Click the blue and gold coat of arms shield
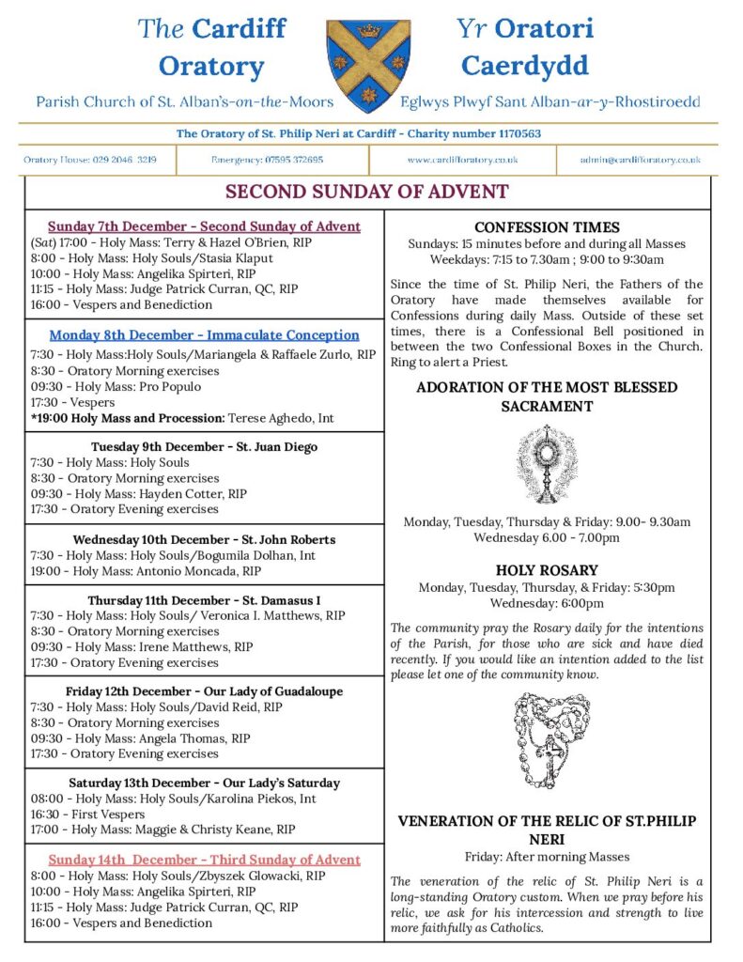pyautogui.click(x=368, y=66)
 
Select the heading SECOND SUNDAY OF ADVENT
pyautogui.click(x=367, y=193)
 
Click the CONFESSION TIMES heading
pyautogui.click(x=547, y=227)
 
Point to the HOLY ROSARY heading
pyautogui.click(x=547, y=570)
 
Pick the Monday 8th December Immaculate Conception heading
pyautogui.click(x=204, y=335)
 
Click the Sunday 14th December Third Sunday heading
pyautogui.click(x=204, y=860)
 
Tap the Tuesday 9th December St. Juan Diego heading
pyautogui.click(x=204, y=446)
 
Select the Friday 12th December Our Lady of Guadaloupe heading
pyautogui.click(x=204, y=691)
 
